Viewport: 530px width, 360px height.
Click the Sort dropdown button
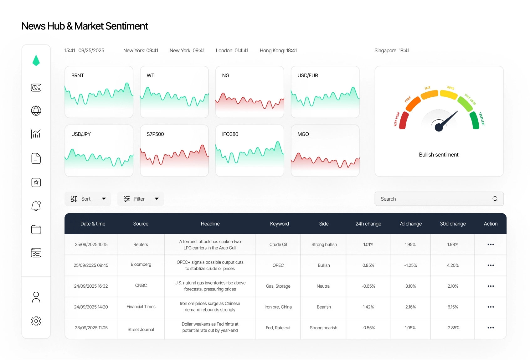(x=88, y=199)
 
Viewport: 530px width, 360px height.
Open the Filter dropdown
(x=141, y=199)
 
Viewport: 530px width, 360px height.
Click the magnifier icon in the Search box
(x=495, y=199)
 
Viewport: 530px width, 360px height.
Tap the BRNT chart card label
(x=78, y=75)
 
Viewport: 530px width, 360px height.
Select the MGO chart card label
(x=303, y=134)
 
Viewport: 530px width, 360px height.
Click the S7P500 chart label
(x=155, y=134)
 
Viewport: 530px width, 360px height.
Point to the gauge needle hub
(x=439, y=127)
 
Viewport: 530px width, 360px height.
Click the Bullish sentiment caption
(x=439, y=155)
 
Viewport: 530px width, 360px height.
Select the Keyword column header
(x=279, y=224)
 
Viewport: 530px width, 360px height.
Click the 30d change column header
(x=453, y=224)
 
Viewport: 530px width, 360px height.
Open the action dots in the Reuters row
(x=491, y=244)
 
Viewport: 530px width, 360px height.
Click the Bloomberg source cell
(x=141, y=265)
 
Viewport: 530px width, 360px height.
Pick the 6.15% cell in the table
(x=453, y=307)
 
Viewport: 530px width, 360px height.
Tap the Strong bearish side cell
(x=323, y=328)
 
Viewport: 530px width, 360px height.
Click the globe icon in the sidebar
(x=36, y=111)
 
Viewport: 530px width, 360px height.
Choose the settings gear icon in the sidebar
(x=36, y=321)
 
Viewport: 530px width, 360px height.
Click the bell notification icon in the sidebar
(x=36, y=206)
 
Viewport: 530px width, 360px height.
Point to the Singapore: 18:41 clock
(x=392, y=50)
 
